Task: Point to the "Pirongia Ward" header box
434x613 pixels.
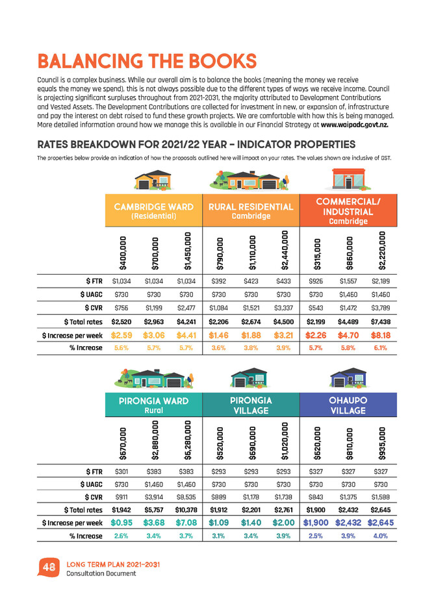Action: coord(155,404)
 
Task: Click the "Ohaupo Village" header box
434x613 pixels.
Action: coord(348,404)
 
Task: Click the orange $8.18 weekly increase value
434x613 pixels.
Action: coord(381,335)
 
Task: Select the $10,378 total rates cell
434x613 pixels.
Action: coord(188,508)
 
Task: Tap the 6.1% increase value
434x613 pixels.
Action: coord(381,348)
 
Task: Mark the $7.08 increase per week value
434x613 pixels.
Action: coord(188,523)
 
